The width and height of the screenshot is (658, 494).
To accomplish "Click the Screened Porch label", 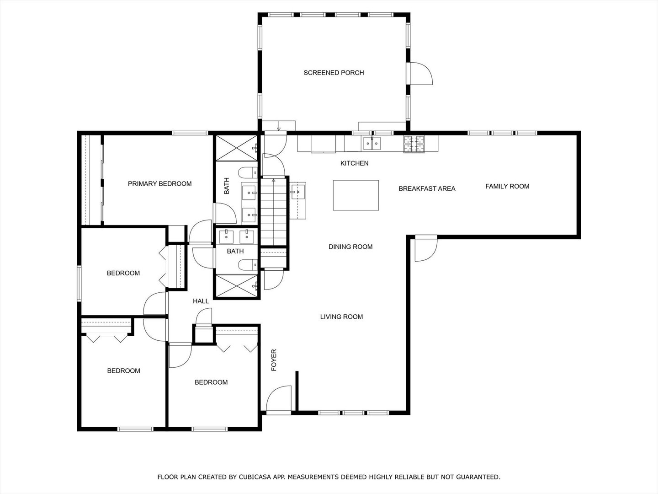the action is (334, 73).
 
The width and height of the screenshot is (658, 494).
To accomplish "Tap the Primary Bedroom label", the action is (160, 184).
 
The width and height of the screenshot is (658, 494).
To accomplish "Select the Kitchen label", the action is (354, 163).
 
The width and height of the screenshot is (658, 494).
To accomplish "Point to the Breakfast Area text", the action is (427, 188).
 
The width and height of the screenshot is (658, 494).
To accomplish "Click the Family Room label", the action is (507, 187).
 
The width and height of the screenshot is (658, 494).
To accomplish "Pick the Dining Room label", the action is (350, 247).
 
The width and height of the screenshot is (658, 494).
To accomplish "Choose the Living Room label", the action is (341, 317).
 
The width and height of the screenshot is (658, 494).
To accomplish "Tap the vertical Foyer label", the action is (274, 360).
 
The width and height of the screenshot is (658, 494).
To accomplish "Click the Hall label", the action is (201, 301).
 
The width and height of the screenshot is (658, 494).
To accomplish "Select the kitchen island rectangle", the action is (356, 195).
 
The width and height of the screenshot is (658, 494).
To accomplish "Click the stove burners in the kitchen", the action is (414, 144).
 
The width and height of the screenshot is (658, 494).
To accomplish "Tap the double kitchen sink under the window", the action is (372, 143).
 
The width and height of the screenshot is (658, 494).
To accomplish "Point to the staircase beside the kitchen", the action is (273, 212).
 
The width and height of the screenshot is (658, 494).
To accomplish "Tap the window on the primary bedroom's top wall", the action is (190, 133).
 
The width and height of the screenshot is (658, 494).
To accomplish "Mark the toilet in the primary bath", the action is (248, 173).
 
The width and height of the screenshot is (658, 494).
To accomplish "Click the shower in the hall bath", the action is (237, 286).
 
